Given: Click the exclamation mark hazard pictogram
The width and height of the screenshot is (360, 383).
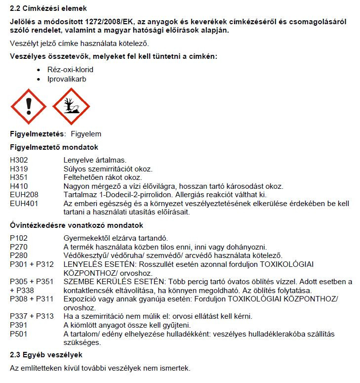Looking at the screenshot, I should click(x=28, y=106).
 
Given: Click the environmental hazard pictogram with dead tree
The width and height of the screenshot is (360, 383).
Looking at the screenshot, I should click(x=71, y=106).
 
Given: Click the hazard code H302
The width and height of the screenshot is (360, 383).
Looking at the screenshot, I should click(x=20, y=160).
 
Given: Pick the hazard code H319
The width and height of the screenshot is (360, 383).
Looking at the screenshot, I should click(x=20, y=169).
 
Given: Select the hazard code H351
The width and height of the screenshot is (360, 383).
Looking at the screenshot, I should click(x=20, y=177).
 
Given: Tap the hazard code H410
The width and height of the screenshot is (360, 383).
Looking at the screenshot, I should click(x=20, y=186).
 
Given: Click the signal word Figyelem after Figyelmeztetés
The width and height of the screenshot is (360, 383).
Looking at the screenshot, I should click(x=86, y=134).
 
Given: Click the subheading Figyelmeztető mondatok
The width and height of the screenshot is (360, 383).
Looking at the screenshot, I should click(x=54, y=147).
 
